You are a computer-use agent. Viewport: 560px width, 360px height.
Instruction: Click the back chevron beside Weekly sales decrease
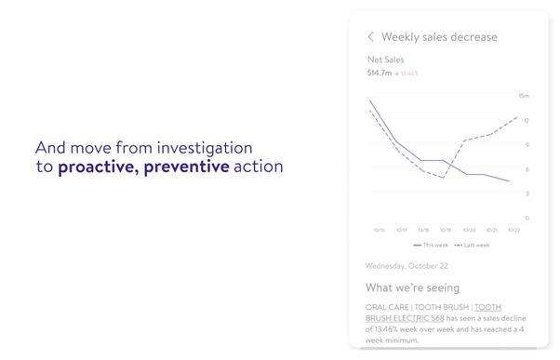pos(371,37)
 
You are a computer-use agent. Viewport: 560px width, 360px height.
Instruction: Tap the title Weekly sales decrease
pos(439,37)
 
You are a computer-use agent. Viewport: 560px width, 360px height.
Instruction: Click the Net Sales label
pos(386,60)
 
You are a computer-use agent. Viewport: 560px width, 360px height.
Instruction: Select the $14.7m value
pos(380,73)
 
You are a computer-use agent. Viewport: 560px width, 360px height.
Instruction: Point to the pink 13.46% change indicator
pos(407,73)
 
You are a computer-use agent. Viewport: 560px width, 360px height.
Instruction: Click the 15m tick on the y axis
pos(524,96)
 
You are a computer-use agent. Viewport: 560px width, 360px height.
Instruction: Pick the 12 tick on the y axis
pos(526,120)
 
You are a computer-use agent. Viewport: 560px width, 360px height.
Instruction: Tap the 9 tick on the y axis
pos(526,144)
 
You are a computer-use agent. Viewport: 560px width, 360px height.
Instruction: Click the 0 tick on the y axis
pos(526,218)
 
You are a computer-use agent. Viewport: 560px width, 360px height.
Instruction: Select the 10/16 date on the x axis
pos(380,230)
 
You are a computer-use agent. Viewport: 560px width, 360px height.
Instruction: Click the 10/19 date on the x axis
pos(446,230)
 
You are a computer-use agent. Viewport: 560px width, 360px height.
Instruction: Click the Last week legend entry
pos(472,245)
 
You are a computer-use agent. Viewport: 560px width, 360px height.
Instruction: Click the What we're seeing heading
pos(412,287)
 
